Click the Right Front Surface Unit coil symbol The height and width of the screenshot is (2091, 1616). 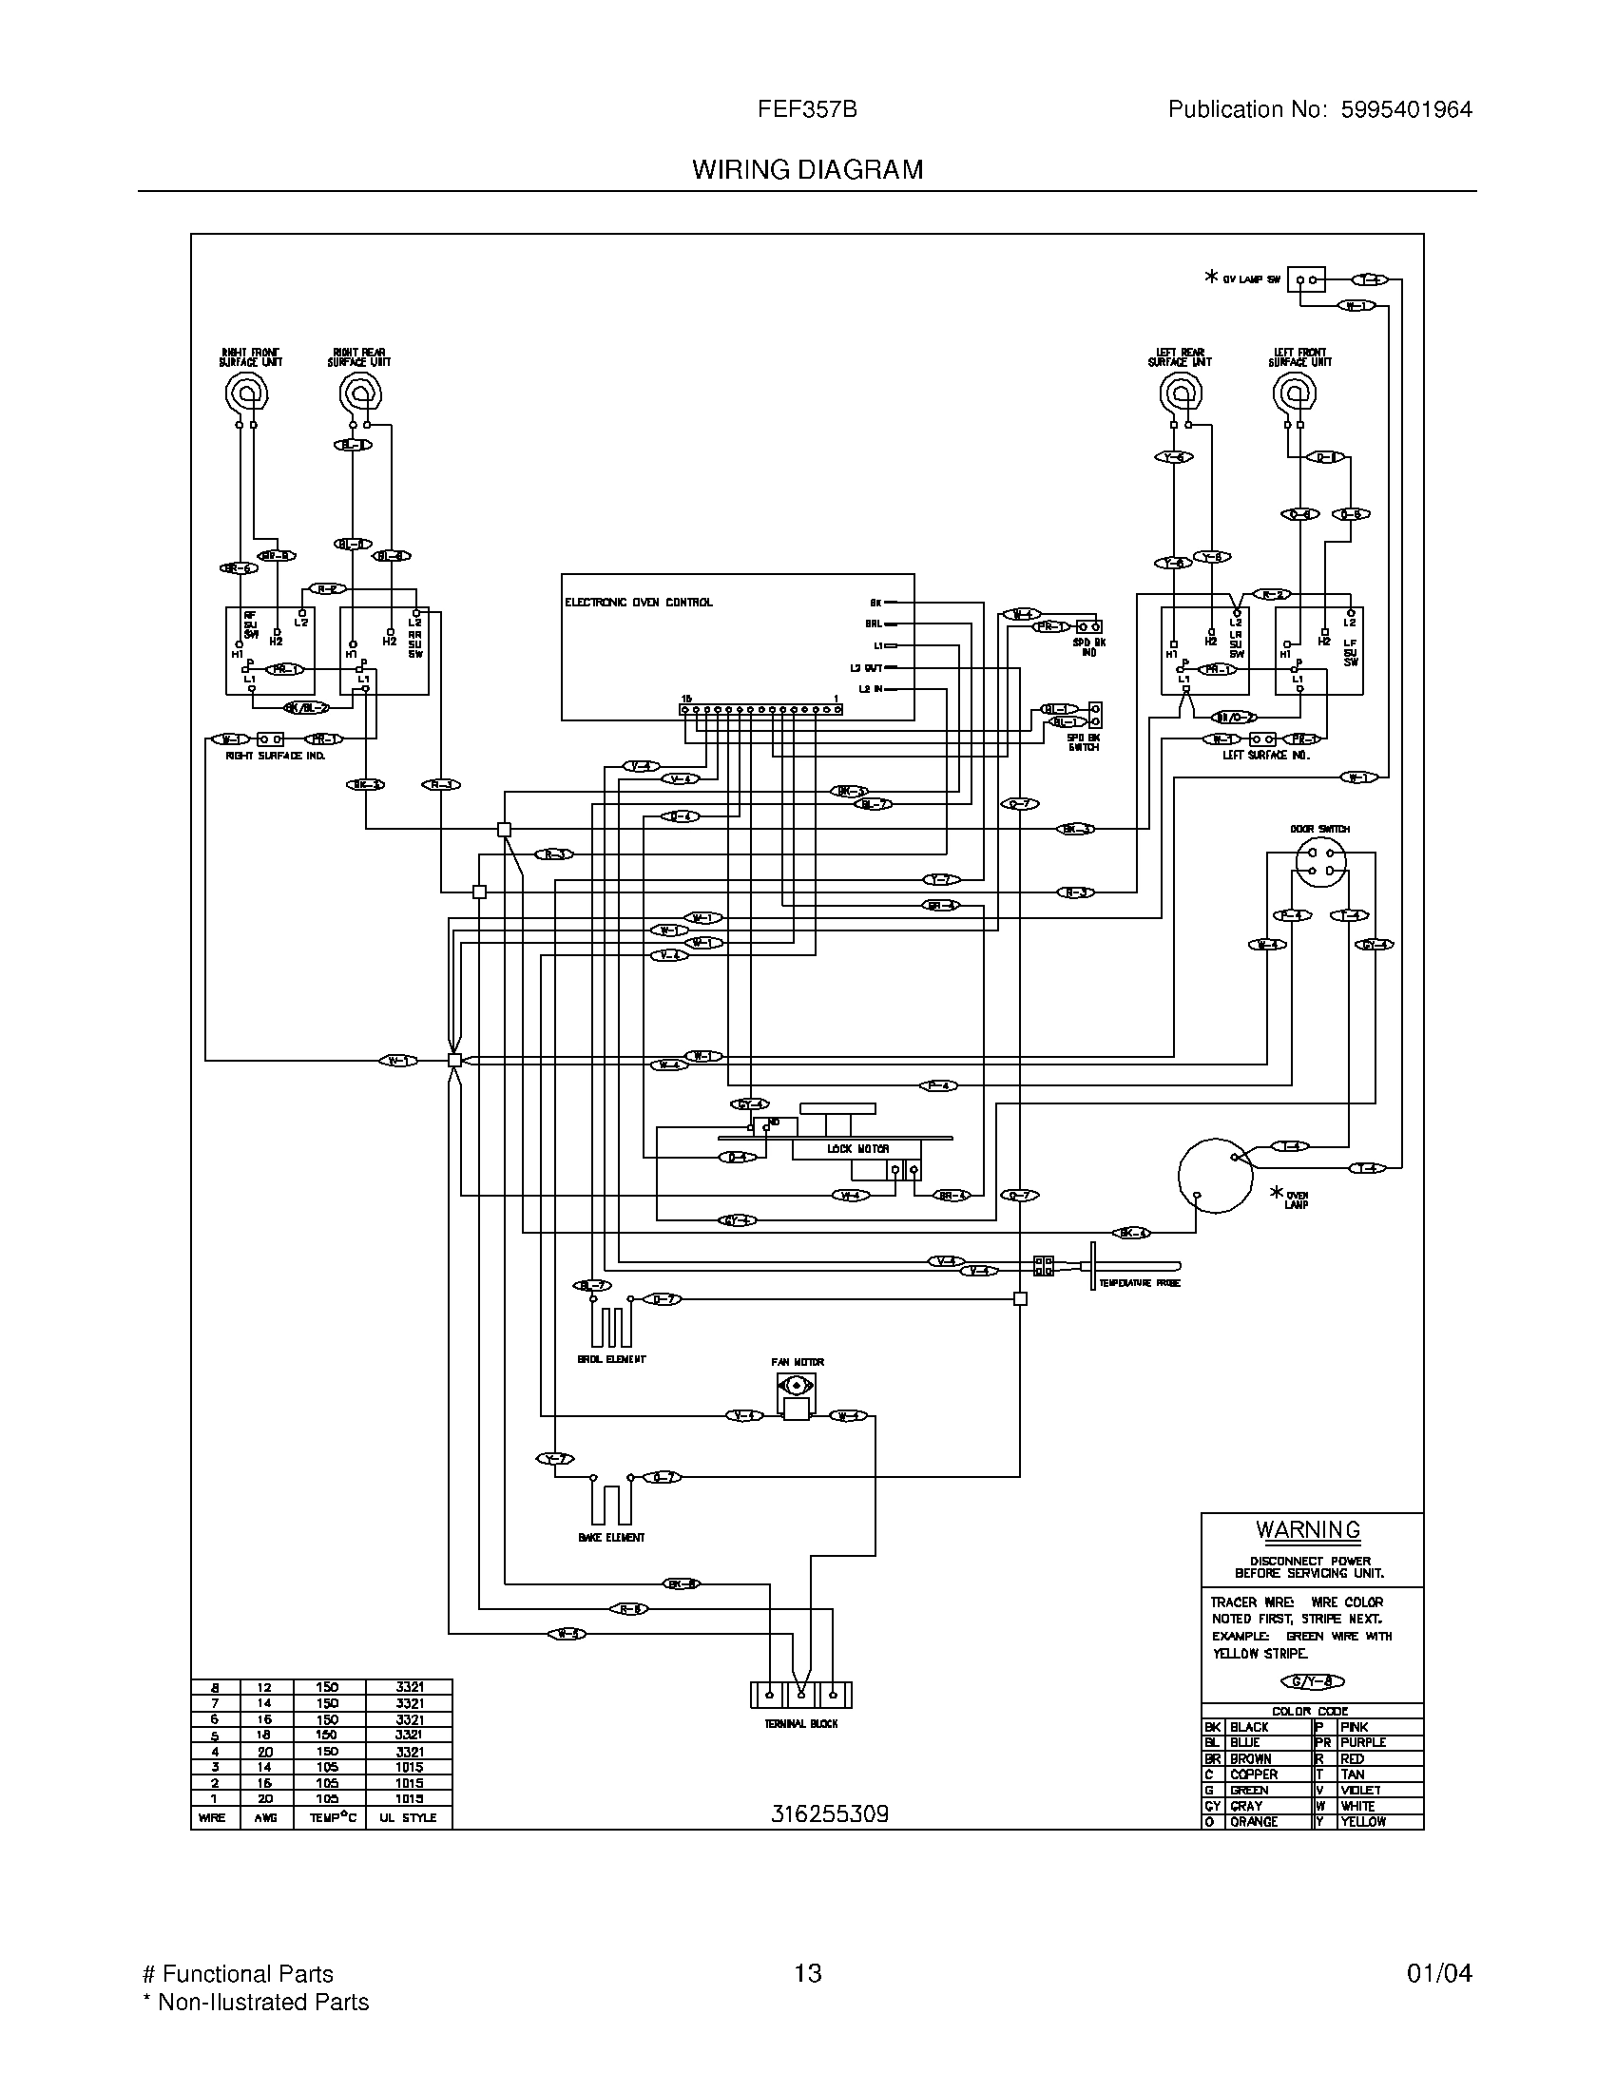point(246,392)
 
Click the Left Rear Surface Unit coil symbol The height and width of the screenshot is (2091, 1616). point(1180,393)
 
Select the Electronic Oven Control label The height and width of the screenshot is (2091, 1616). point(639,603)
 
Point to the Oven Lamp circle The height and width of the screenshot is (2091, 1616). point(1216,1176)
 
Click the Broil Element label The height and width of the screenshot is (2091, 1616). point(612,1358)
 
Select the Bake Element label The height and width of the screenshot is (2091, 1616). point(612,1537)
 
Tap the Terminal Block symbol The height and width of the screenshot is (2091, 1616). point(800,1695)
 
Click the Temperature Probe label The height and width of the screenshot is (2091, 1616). point(1139,1282)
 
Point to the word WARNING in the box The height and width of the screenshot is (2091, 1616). point(1308,1529)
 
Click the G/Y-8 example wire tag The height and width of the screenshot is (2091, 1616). point(1313,1681)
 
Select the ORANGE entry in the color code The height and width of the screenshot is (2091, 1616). point(1253,1821)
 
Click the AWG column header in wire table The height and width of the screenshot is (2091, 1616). point(265,1817)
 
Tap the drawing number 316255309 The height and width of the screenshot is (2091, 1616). point(829,1813)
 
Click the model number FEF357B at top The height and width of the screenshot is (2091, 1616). point(807,109)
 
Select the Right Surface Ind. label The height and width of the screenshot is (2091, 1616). point(276,756)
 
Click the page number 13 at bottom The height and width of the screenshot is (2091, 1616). point(807,1972)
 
